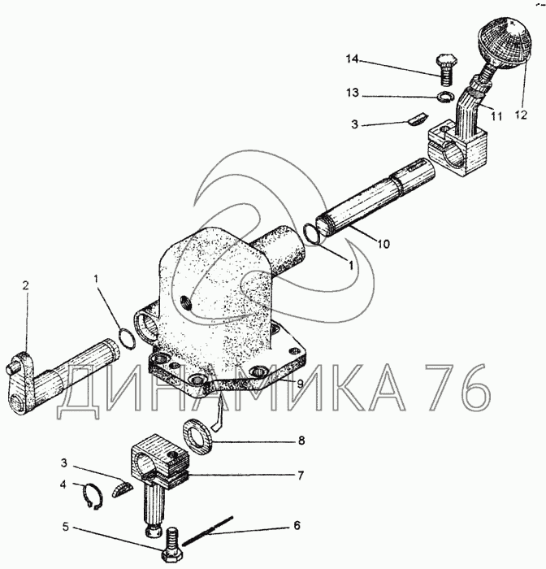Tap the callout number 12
[x=520, y=116]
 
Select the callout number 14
[x=351, y=59]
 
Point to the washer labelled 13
[x=444, y=98]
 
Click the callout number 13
[x=351, y=94]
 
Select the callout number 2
[x=25, y=285]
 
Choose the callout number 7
[x=300, y=474]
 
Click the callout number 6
[x=297, y=525]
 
